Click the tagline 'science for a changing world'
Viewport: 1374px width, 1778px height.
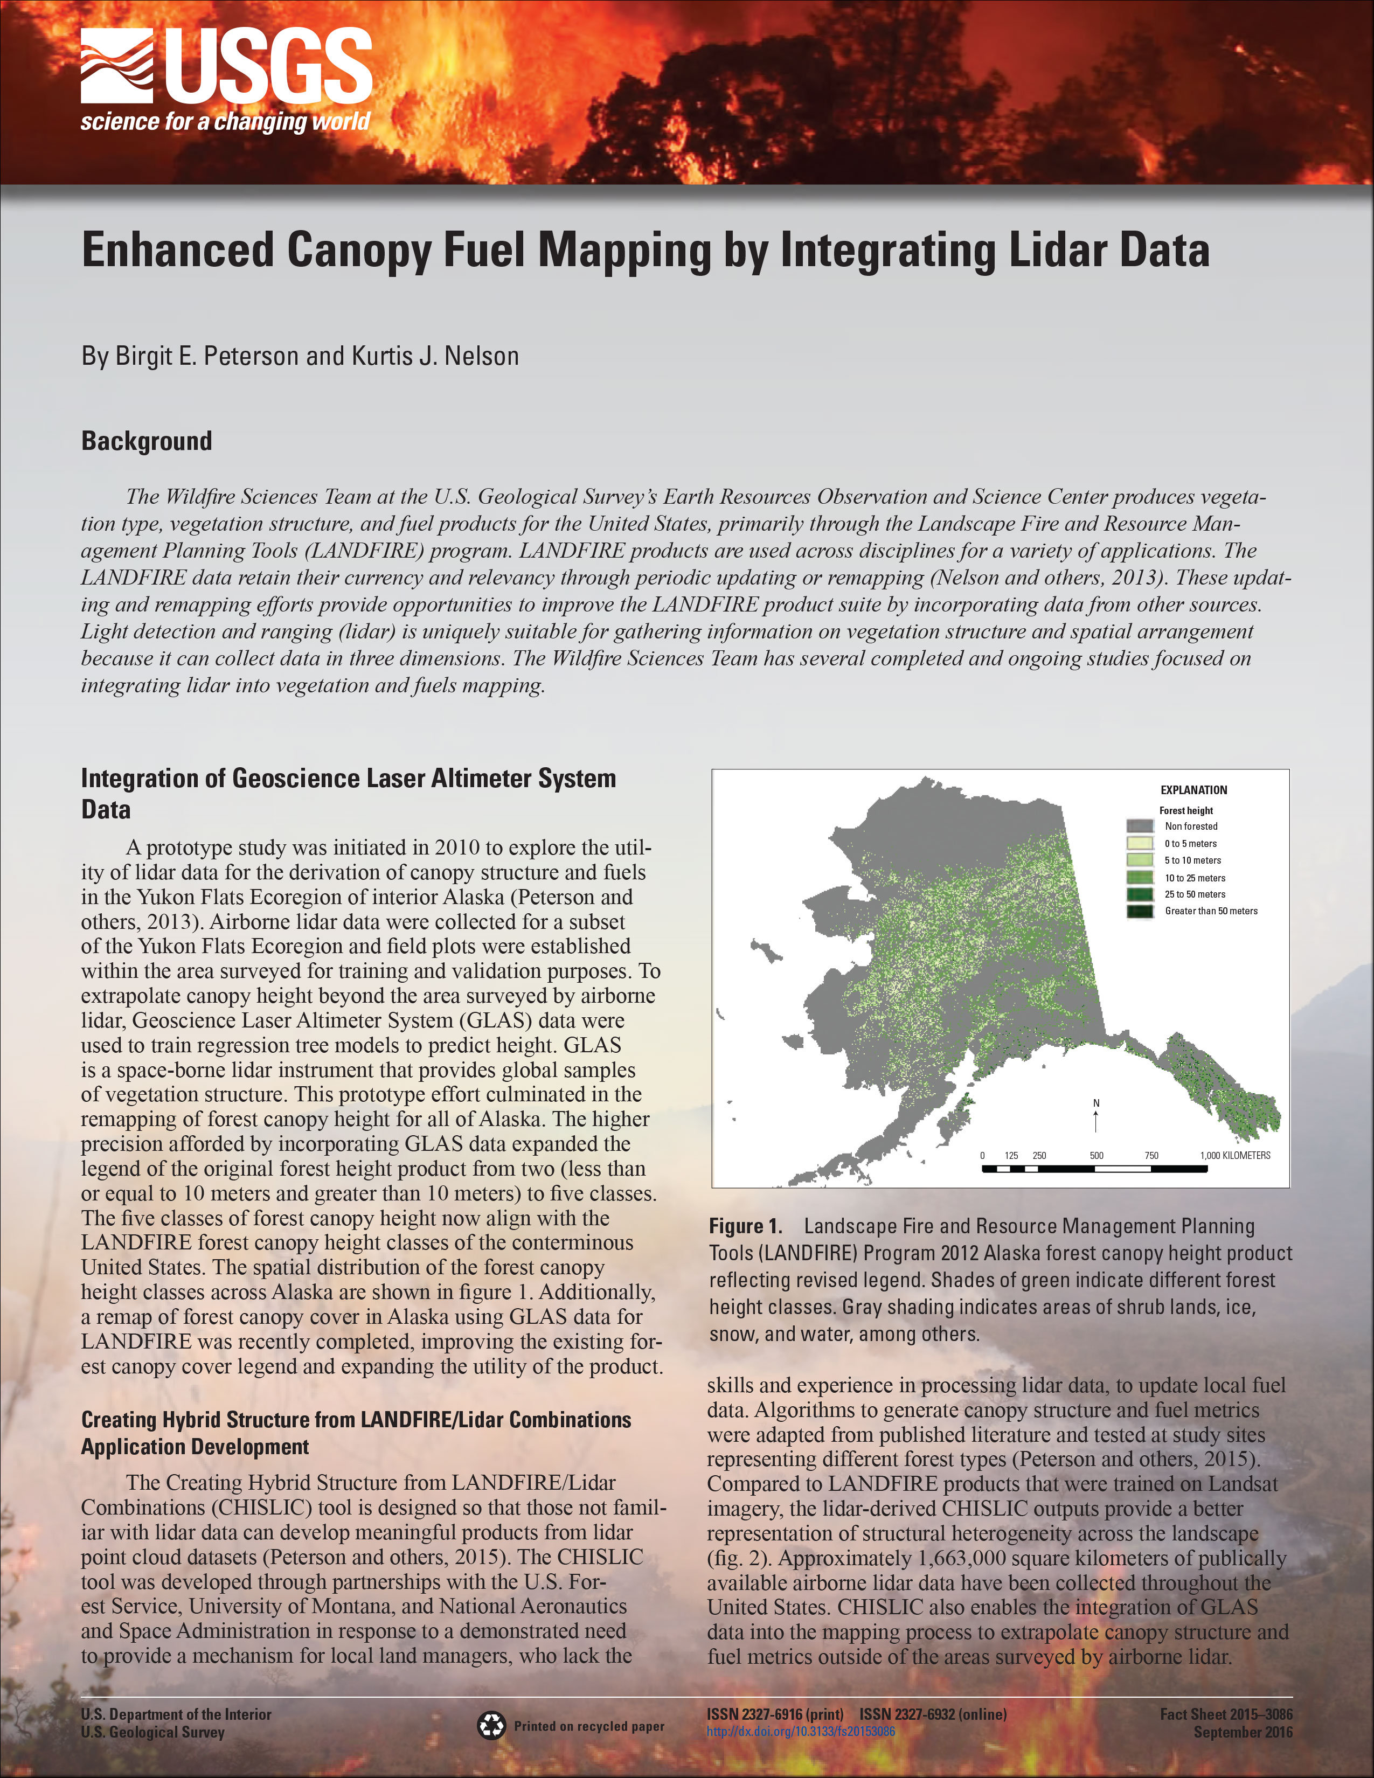[x=225, y=122]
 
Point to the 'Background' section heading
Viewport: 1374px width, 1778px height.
[x=147, y=441]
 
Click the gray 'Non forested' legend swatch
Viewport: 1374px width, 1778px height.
[x=1140, y=827]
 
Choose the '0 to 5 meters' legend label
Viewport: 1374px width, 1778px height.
[x=1190, y=843]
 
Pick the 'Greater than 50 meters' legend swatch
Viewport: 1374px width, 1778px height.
[x=1140, y=911]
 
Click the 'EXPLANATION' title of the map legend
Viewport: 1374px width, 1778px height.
[x=1193, y=790]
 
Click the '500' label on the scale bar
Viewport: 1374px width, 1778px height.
[x=1097, y=1155]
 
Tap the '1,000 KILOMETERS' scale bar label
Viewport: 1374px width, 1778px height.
[x=1235, y=1155]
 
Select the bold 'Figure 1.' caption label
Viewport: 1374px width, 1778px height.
[x=745, y=1227]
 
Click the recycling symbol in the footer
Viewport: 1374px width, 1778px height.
[x=491, y=1725]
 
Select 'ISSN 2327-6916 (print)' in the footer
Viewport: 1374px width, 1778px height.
[x=774, y=1714]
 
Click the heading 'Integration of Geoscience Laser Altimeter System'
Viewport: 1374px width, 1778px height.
[x=349, y=779]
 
